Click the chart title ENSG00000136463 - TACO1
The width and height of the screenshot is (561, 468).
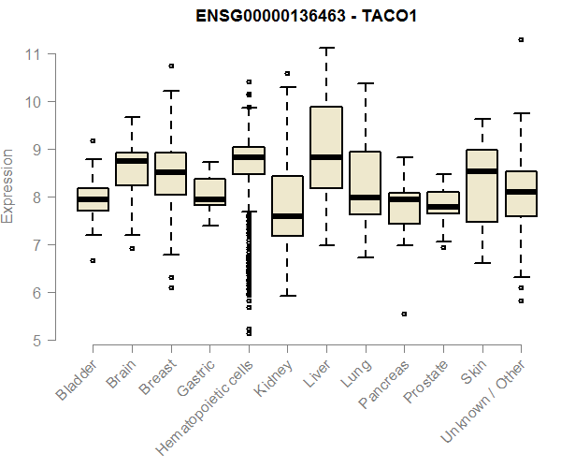(306, 18)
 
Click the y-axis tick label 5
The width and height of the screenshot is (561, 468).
(37, 341)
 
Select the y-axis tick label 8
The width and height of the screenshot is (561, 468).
(37, 197)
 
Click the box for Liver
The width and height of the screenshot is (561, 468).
(325, 148)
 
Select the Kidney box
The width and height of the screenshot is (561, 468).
(287, 206)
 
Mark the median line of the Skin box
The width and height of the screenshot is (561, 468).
(482, 171)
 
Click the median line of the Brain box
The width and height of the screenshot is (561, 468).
(132, 161)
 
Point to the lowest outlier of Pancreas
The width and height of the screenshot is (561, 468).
(404, 314)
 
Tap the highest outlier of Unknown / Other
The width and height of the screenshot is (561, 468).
(521, 39)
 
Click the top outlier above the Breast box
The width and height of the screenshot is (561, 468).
(171, 66)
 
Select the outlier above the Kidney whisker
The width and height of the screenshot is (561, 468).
(287, 73)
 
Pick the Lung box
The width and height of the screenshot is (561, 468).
(365, 183)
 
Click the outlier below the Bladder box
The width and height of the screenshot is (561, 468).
(93, 260)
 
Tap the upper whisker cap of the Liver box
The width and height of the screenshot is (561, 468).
(325, 48)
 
